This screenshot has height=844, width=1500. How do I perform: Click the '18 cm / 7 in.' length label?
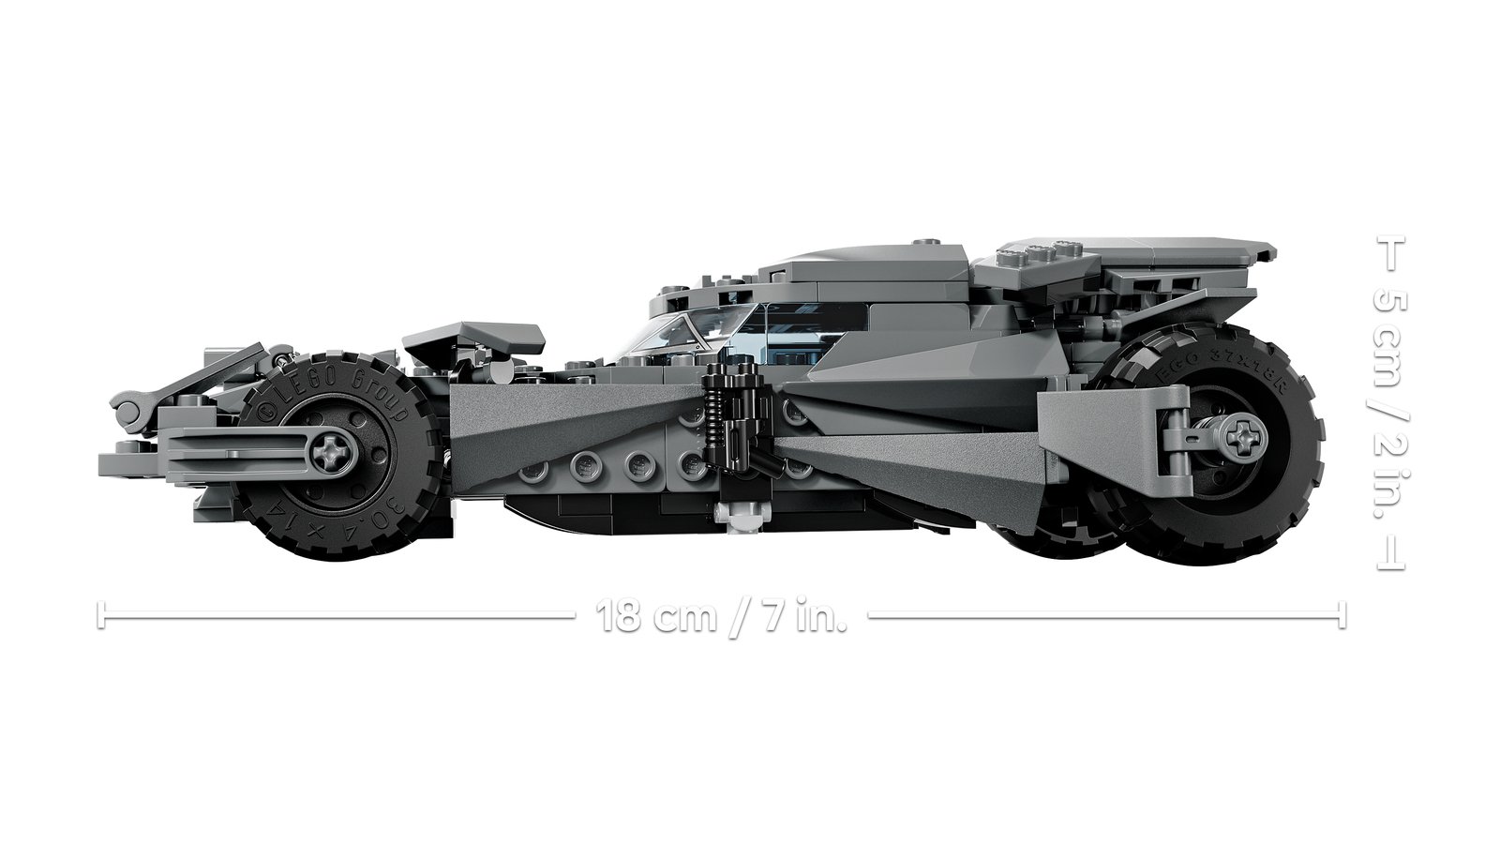coord(721,616)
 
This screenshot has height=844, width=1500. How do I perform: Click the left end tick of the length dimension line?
coord(99,616)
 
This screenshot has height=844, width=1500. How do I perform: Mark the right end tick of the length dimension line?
coord(1342,616)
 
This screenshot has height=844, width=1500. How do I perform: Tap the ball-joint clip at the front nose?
coord(130,406)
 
